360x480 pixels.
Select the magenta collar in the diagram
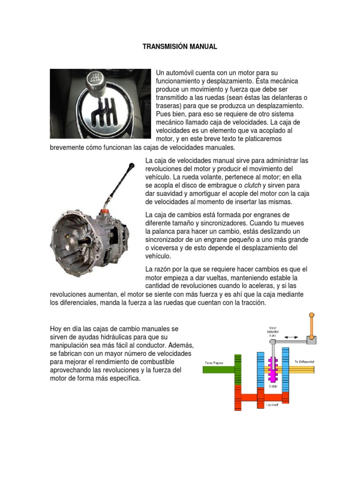tap(273, 369)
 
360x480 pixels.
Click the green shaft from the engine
tap(218, 369)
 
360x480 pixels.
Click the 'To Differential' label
tap(304, 362)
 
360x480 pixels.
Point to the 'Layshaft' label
tap(272, 404)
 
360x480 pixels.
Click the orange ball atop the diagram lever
tap(312, 316)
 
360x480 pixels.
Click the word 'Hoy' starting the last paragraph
tap(56, 329)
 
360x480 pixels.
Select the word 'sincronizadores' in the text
tap(218, 224)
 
